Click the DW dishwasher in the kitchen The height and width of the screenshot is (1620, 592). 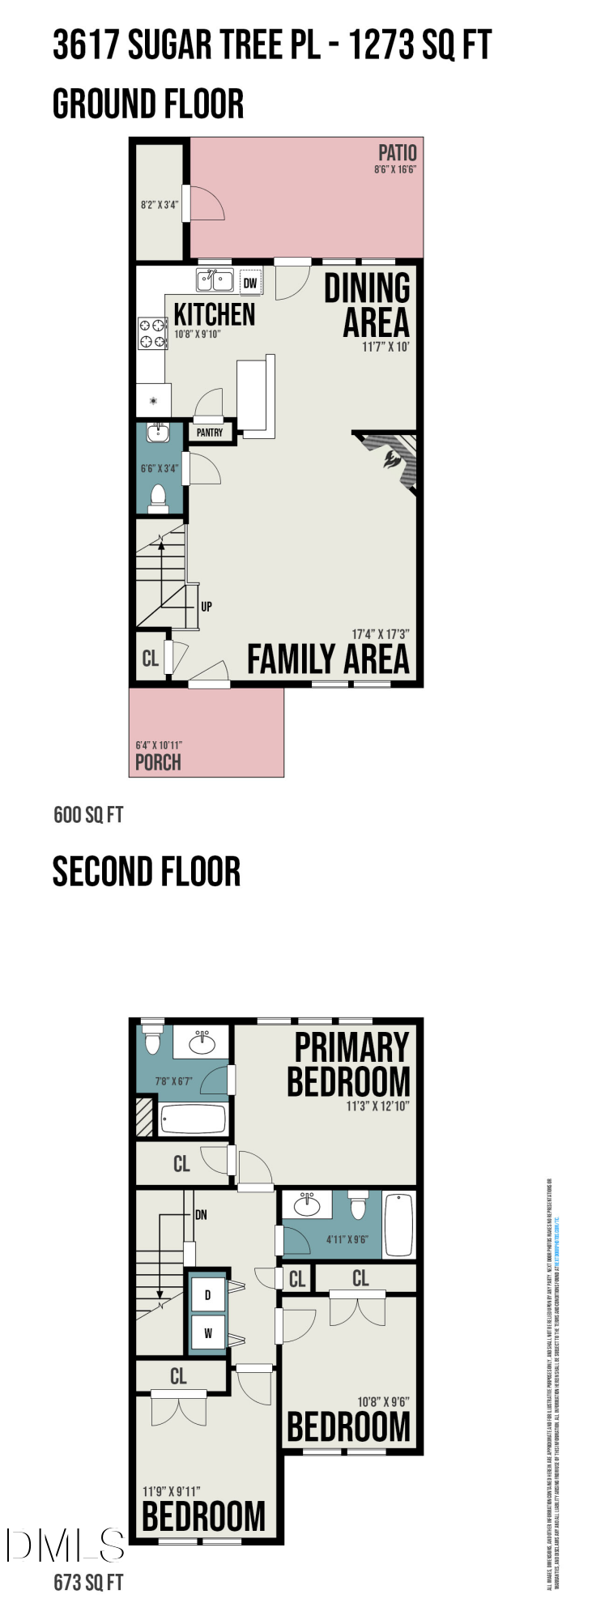[250, 283]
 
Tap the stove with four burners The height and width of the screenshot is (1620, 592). [152, 333]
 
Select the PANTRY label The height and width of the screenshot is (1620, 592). [210, 433]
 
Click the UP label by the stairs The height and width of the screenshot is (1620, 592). [207, 606]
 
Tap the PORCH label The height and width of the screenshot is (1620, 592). [158, 762]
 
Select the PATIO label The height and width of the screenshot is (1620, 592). [397, 152]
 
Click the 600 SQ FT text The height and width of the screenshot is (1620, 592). [88, 814]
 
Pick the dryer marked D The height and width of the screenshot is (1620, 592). [208, 1294]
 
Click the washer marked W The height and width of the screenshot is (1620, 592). [208, 1332]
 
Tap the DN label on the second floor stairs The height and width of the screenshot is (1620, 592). [201, 1214]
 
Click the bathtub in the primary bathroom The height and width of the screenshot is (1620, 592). [194, 1120]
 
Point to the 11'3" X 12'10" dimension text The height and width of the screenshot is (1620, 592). [377, 1106]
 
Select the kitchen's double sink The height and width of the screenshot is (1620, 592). [215, 281]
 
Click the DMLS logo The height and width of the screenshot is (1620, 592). [65, 1545]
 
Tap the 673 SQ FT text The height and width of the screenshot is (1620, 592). [88, 1582]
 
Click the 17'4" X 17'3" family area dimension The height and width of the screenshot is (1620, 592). [380, 634]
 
